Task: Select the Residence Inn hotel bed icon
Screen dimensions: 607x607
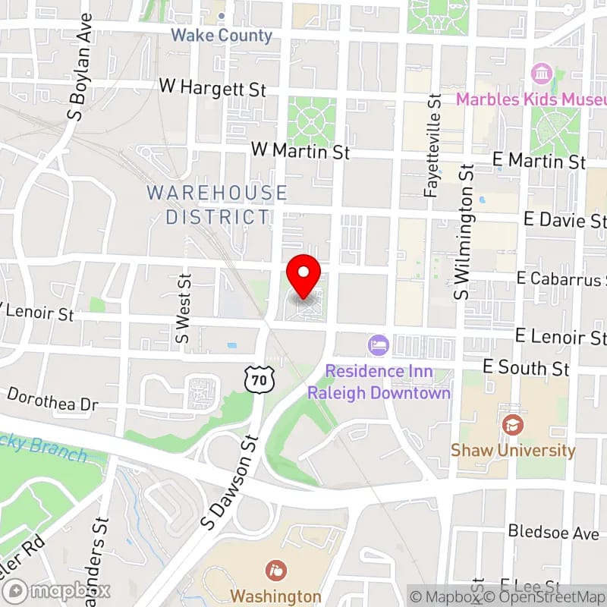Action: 378,346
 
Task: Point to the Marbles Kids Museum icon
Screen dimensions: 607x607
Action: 542,74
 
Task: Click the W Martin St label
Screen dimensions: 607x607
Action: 300,152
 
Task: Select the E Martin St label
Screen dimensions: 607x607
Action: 539,161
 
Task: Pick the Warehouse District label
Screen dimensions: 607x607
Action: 217,205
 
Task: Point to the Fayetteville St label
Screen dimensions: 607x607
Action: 433,146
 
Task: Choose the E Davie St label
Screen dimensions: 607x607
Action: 565,219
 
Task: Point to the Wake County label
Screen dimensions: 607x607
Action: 221,35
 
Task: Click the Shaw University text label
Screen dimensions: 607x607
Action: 513,450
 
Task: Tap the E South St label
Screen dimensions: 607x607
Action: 526,368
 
